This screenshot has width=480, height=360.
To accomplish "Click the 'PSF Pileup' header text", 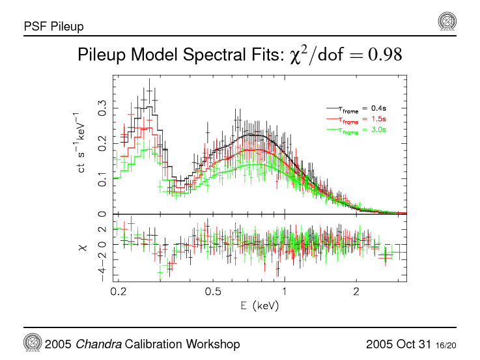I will pyautogui.click(x=53, y=27).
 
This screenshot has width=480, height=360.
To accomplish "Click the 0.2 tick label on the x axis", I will pyautogui.click(x=119, y=291).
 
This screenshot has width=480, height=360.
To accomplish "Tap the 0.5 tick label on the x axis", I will pyautogui.click(x=214, y=291).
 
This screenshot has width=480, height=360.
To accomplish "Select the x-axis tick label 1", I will pyautogui.click(x=285, y=291).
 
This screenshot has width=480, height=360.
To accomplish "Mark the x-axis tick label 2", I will pyautogui.click(x=356, y=291).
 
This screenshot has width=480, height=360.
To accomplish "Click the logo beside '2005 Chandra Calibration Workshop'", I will pyautogui.click(x=33, y=343).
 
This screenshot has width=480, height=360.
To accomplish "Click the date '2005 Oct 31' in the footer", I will pyautogui.click(x=399, y=344).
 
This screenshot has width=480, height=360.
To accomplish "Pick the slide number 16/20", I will pyautogui.click(x=446, y=344).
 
